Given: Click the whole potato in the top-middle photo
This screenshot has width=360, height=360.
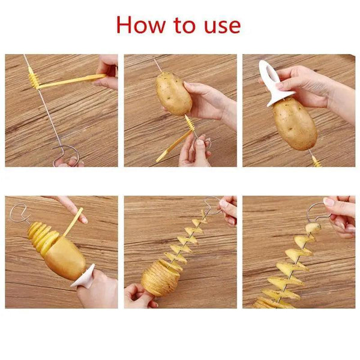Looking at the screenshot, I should tap(174, 93).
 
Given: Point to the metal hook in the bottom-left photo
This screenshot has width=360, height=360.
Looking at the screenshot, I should tap(18, 213).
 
